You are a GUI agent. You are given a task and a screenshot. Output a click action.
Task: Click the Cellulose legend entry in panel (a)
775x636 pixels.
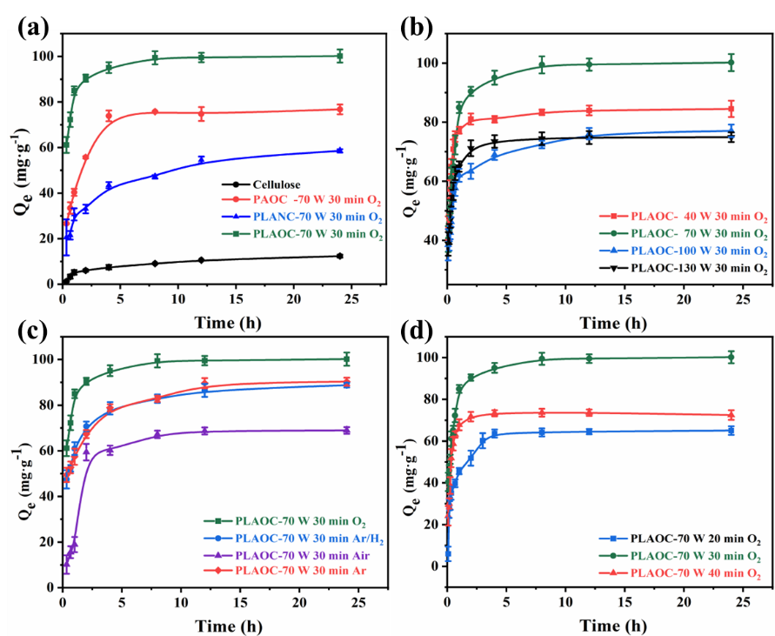click(x=277, y=184)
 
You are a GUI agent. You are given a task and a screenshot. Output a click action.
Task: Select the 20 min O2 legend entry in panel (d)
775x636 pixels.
click(x=688, y=539)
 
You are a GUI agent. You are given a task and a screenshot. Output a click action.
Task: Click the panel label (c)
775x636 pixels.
click(x=32, y=307)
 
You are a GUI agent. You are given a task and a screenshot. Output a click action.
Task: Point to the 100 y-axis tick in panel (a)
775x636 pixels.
click(x=40, y=57)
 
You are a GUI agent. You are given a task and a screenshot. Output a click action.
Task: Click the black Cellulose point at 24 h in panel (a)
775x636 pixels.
click(x=339, y=256)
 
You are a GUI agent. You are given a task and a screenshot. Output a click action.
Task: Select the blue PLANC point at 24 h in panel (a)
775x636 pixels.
click(x=339, y=151)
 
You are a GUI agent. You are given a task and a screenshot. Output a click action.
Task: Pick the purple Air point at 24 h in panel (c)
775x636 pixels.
click(x=346, y=430)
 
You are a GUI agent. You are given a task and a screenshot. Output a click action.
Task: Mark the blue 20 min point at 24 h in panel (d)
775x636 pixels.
click(x=732, y=430)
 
